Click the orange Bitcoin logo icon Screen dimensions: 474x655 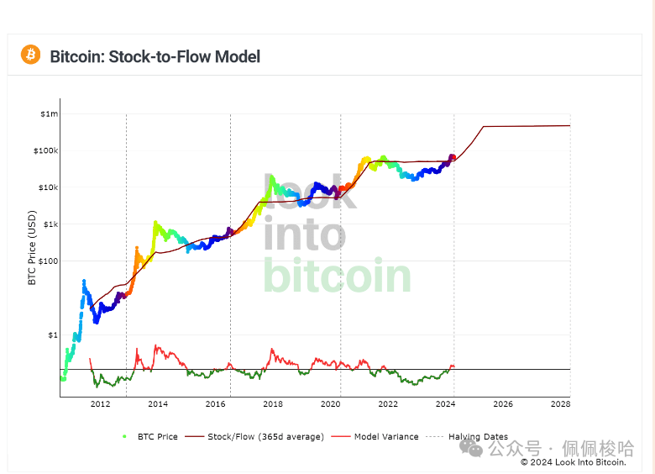pos(31,55)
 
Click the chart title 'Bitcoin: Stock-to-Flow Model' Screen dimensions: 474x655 pos(155,56)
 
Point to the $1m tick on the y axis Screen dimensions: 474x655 pos(49,113)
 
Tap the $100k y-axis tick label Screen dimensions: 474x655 pos(46,150)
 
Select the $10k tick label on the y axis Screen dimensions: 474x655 pos(48,187)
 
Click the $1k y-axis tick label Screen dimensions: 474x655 pos(50,224)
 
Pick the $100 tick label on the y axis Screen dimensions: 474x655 pos(48,261)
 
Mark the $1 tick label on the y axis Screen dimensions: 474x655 pos(53,334)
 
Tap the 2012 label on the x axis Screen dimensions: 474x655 pos(100,404)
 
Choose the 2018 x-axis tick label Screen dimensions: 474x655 pos(273,404)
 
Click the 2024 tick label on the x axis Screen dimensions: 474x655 pos(445,404)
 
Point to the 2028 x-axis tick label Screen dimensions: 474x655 pos(560,404)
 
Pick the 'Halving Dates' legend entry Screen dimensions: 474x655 pos(477,437)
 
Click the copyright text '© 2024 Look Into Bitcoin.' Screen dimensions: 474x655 pos(573,461)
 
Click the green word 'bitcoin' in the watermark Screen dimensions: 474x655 pos(338,276)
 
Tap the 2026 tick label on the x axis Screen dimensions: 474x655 pos(502,404)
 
